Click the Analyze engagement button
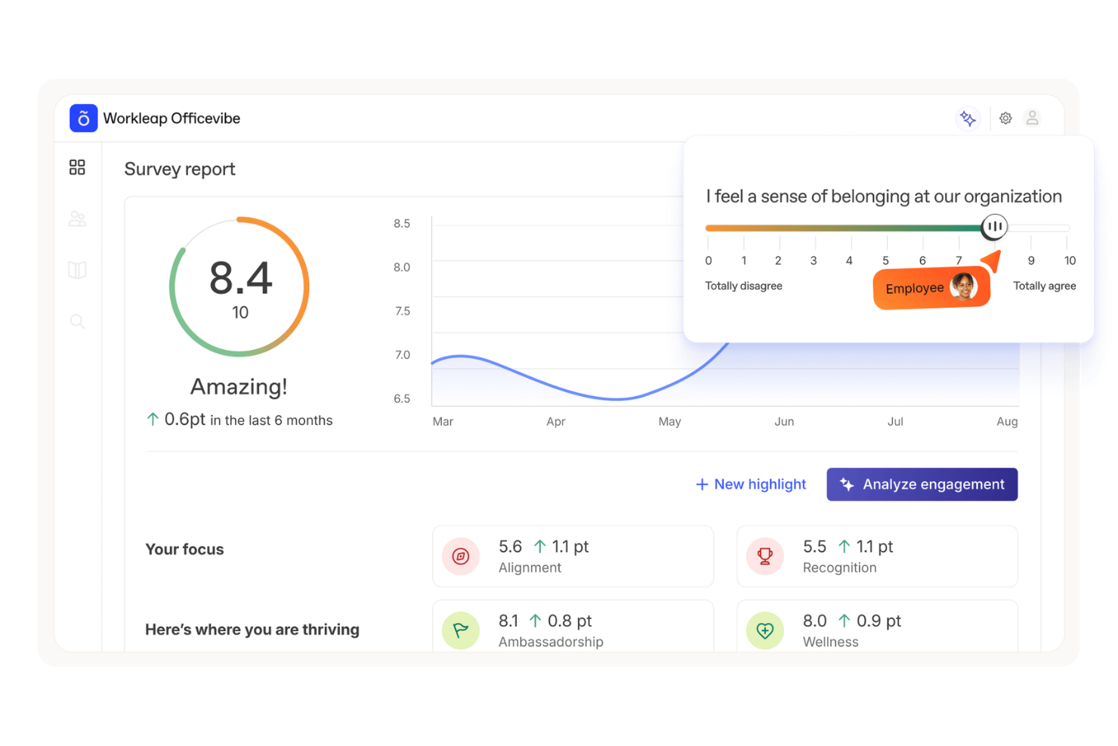click(x=922, y=484)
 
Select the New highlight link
click(x=751, y=484)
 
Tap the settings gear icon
click(x=1005, y=119)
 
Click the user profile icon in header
click(x=1033, y=118)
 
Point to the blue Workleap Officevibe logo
click(x=84, y=119)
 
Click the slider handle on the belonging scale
click(x=994, y=226)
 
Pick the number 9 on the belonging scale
click(x=1031, y=261)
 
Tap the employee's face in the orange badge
click(x=963, y=286)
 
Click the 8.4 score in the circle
click(x=240, y=278)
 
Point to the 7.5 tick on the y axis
click(x=403, y=311)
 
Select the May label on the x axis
click(x=669, y=422)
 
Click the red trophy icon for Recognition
click(x=765, y=556)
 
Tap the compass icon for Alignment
click(x=461, y=556)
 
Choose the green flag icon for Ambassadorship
click(x=461, y=630)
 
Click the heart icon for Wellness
click(x=765, y=630)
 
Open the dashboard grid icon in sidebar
click(x=77, y=167)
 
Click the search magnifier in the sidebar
click(x=77, y=322)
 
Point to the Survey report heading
click(x=180, y=169)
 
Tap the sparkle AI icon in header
click(x=968, y=119)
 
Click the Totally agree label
click(x=1044, y=286)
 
